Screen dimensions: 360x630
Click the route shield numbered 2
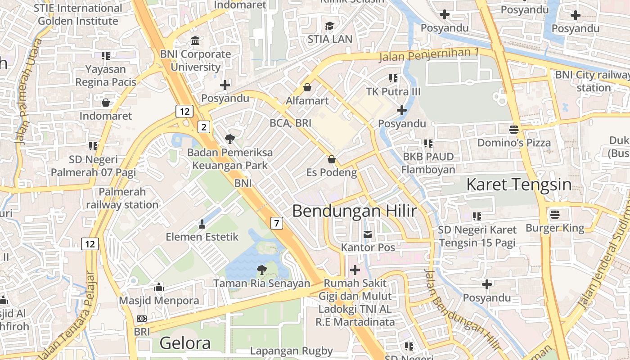coord(204,127)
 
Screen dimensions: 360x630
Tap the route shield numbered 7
coord(277,222)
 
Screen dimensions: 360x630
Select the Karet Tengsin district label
coord(519,184)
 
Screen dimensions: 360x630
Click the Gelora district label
coord(185,343)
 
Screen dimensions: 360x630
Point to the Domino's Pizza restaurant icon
coord(514,130)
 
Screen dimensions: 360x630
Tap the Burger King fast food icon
coord(555,215)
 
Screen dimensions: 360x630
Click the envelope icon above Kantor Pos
coord(368,234)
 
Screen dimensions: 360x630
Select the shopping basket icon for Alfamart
coord(307,87)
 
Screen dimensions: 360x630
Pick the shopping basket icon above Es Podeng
coord(332,159)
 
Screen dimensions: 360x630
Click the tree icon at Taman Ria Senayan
coord(261,270)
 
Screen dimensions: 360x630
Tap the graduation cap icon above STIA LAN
coord(330,26)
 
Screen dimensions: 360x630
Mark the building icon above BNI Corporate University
coord(196,41)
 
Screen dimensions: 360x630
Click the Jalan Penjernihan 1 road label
coord(429,54)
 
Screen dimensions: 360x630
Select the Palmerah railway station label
coord(122,198)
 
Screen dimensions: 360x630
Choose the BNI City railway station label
coord(592,81)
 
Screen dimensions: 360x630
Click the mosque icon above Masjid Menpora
coord(158,287)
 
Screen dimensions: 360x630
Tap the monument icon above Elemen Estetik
coord(202,223)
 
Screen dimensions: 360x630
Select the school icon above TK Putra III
coord(393,78)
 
